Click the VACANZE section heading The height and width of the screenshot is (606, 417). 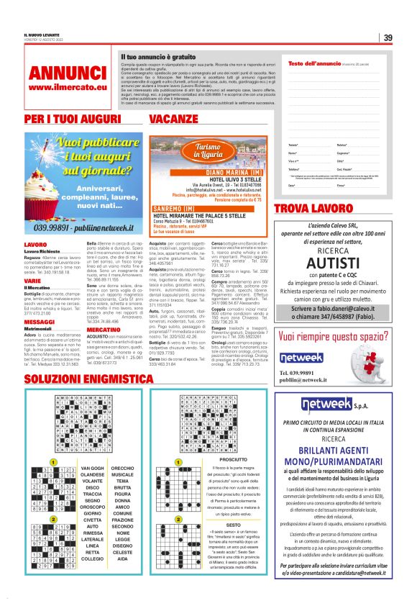click(x=174, y=118)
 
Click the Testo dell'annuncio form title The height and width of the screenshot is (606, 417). click(x=313, y=64)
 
